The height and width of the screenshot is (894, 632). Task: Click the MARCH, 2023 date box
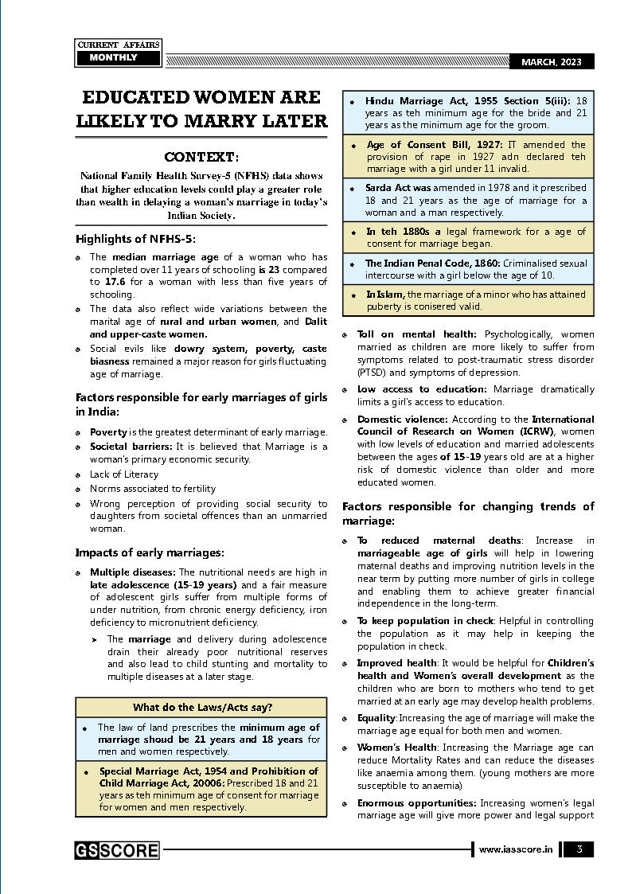coord(552,62)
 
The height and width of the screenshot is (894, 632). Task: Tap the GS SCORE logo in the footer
coord(117,850)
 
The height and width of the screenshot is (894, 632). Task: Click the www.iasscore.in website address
coord(516,849)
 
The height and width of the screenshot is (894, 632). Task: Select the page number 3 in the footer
coord(579,849)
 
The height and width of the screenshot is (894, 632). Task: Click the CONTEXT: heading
coord(201,157)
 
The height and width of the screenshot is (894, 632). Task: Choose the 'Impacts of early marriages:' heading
coord(150,552)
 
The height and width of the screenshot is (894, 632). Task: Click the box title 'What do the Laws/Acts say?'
coord(202,707)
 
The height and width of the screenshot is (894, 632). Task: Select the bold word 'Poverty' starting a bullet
coord(108,431)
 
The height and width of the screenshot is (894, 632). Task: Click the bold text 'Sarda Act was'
coord(398,188)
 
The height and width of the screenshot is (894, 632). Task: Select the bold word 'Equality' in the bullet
coord(376,717)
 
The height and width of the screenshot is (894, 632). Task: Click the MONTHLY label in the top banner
coord(113,57)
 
